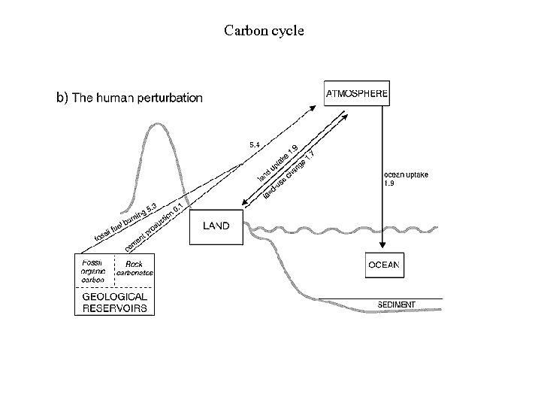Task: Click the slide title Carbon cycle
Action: pyautogui.click(x=263, y=31)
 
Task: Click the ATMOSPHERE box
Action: pyautogui.click(x=357, y=93)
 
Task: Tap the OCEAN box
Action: pyautogui.click(x=384, y=265)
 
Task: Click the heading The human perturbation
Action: pyautogui.click(x=128, y=97)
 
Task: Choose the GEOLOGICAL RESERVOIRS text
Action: pyautogui.click(x=114, y=301)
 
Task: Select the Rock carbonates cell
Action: pyautogui.click(x=134, y=268)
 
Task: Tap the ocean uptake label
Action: pyautogui.click(x=406, y=174)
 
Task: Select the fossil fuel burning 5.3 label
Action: pyautogui.click(x=124, y=222)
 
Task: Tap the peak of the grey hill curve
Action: pyautogui.click(x=157, y=122)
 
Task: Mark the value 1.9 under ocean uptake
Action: pyautogui.click(x=389, y=183)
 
